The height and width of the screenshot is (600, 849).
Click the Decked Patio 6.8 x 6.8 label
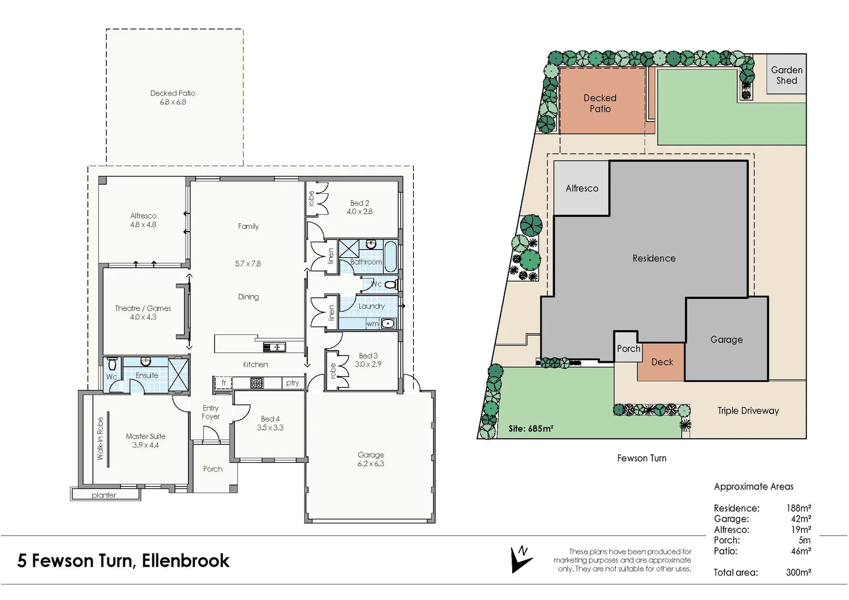click(172, 98)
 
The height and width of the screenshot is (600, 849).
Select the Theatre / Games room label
click(143, 308)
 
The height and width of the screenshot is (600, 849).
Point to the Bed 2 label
click(359, 203)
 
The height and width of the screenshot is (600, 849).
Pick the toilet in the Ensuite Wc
click(112, 364)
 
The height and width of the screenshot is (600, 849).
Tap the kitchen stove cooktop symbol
click(257, 383)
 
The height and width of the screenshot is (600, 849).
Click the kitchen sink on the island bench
click(274, 348)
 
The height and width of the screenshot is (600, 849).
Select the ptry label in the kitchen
click(292, 383)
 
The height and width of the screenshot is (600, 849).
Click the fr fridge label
click(224, 383)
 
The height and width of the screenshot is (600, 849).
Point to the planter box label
click(104, 495)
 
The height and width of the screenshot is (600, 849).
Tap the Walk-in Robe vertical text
click(100, 438)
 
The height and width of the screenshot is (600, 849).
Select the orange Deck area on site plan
click(662, 362)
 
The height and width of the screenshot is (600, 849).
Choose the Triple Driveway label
click(748, 411)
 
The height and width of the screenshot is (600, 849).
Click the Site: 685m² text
click(530, 429)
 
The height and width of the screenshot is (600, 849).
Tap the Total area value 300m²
click(798, 572)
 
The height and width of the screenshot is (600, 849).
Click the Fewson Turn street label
click(642, 458)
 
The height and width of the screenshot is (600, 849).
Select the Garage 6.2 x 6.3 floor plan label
click(370, 459)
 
